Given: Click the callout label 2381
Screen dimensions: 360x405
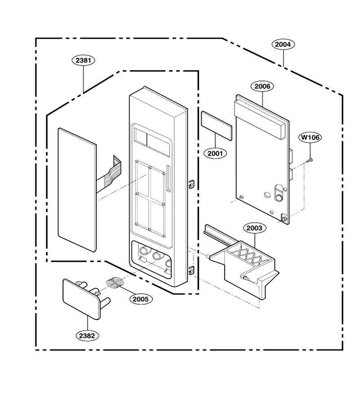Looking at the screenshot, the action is click(x=83, y=60).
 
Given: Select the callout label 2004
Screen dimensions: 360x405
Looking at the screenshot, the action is click(x=283, y=45).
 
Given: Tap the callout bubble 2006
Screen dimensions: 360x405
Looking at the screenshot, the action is click(x=262, y=86).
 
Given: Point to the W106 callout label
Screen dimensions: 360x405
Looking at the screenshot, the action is click(x=310, y=137).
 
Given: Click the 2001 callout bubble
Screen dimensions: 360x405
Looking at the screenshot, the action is click(x=215, y=153).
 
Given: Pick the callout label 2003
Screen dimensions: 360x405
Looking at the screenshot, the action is click(x=254, y=228).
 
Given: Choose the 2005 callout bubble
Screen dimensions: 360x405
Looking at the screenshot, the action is click(x=141, y=299).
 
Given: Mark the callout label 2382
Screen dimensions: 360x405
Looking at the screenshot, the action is click(x=87, y=336).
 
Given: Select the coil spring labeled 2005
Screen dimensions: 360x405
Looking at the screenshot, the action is click(x=115, y=282).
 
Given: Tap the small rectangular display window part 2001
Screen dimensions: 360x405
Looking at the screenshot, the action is click(x=216, y=126).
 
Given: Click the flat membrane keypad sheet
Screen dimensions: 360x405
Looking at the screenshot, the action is click(x=77, y=190).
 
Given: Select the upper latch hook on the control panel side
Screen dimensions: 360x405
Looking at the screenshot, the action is click(x=191, y=184).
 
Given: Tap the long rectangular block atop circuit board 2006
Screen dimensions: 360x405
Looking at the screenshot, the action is click(x=260, y=119).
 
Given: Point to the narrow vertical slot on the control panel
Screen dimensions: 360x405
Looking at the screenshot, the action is click(x=169, y=179).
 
